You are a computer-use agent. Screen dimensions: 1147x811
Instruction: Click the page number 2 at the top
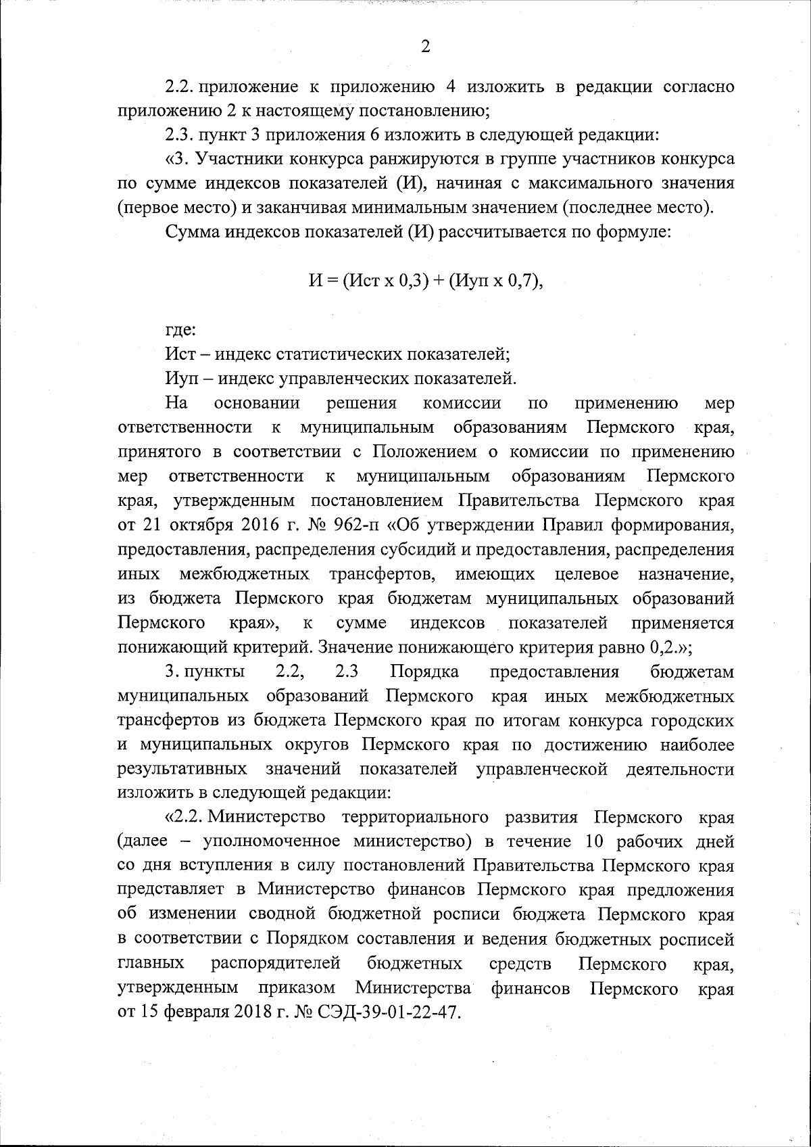(x=425, y=47)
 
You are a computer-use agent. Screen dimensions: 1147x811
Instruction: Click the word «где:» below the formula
(x=180, y=331)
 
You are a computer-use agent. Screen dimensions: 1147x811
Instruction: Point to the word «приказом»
(x=297, y=987)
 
